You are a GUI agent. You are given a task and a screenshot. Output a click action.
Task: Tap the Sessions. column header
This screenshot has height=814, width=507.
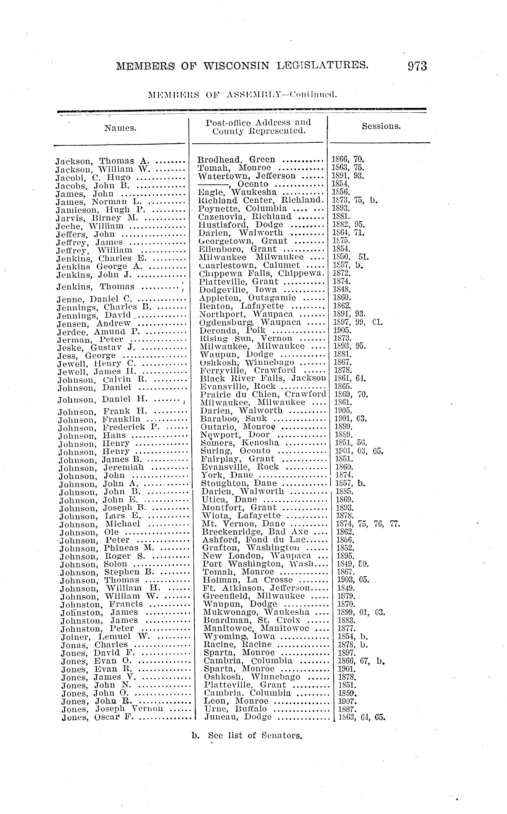pos(381,126)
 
